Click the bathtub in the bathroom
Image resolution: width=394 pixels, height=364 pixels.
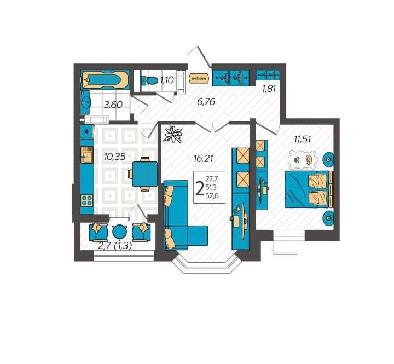coord(105,80)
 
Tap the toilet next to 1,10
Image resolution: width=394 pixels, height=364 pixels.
coord(150,80)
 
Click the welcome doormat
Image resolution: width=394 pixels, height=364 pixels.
coord(199,79)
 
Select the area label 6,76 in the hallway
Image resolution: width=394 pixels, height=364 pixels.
coord(206,102)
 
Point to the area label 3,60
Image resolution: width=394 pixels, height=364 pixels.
coord(113,105)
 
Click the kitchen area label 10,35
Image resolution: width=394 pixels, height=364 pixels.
coord(114,157)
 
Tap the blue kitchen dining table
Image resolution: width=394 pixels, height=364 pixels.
coord(144,174)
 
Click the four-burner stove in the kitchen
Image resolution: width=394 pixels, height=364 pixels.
coord(87,200)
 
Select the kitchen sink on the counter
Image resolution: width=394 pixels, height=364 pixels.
coord(86,155)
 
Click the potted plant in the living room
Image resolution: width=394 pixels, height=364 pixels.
coord(173,134)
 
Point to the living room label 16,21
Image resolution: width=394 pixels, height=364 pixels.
coord(204,159)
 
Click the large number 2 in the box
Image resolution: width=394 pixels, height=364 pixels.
coord(200,188)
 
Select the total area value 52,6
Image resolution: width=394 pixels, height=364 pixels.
coord(212,195)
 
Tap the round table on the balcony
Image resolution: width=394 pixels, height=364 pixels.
coord(119,232)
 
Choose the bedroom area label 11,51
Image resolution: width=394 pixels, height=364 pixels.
coord(303,139)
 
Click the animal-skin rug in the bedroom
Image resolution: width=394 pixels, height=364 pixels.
coord(303,160)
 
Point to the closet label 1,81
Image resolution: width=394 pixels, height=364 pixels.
coord(269,89)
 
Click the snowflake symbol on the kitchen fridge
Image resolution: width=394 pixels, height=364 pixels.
coord(86,131)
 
